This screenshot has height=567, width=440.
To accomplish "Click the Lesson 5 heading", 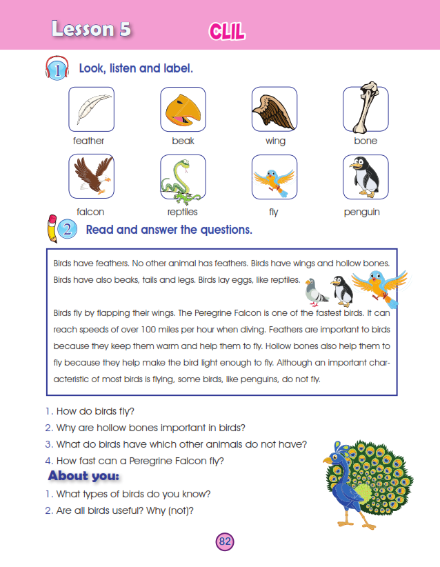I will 91,29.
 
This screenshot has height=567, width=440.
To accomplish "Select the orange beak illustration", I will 183,109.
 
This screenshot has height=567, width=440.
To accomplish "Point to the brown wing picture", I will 274,109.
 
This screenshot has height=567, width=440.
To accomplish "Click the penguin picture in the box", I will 365,177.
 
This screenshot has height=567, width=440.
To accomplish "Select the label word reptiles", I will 183,212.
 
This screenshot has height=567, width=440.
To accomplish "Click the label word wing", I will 275,141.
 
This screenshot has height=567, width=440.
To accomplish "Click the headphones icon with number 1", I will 57,69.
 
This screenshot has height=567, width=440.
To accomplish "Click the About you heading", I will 83,476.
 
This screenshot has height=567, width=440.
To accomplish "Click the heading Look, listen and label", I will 136,69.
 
